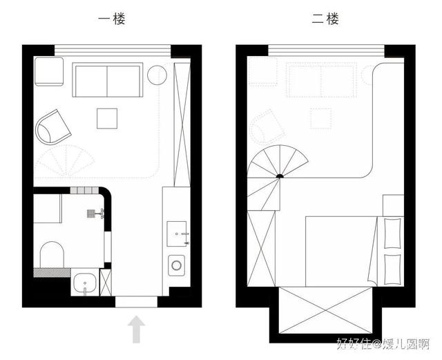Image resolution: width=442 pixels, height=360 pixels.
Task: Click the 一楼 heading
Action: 111,19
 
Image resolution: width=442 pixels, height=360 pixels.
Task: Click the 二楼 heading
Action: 325,19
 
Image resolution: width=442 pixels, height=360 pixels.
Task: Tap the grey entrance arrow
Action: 136,329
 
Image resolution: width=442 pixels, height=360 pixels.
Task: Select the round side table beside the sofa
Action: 157,75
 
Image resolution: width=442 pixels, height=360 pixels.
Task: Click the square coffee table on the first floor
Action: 107,118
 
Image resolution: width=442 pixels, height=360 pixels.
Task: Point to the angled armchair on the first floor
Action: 52,127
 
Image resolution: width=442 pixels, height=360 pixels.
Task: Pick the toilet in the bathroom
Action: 52,254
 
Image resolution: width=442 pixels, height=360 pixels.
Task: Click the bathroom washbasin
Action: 85,282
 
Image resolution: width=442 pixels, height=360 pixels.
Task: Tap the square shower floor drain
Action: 91,214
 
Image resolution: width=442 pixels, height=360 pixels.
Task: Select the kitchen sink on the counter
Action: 177,234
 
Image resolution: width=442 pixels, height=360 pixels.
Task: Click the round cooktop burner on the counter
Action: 177,265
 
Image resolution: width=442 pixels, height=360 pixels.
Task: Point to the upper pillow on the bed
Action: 392,233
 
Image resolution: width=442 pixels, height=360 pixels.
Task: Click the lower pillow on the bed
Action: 392,269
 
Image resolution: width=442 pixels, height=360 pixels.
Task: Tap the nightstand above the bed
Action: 393,205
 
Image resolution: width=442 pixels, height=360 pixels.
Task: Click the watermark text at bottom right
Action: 383,343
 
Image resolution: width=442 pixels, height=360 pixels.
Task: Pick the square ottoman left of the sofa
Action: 49,71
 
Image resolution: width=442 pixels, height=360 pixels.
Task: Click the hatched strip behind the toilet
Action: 52,272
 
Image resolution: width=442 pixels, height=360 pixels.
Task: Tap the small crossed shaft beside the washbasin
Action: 106,283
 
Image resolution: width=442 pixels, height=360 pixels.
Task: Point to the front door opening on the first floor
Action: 136,302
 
